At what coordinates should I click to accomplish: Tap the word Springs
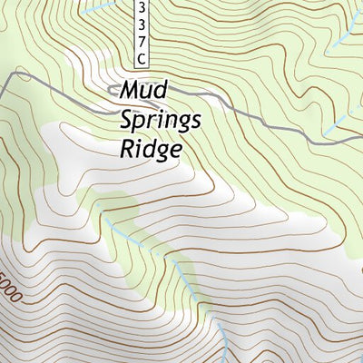pyautogui.click(x=161, y=122)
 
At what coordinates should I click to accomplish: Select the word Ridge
pyautogui.click(x=150, y=149)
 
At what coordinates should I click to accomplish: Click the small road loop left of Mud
pyautogui.click(x=113, y=89)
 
